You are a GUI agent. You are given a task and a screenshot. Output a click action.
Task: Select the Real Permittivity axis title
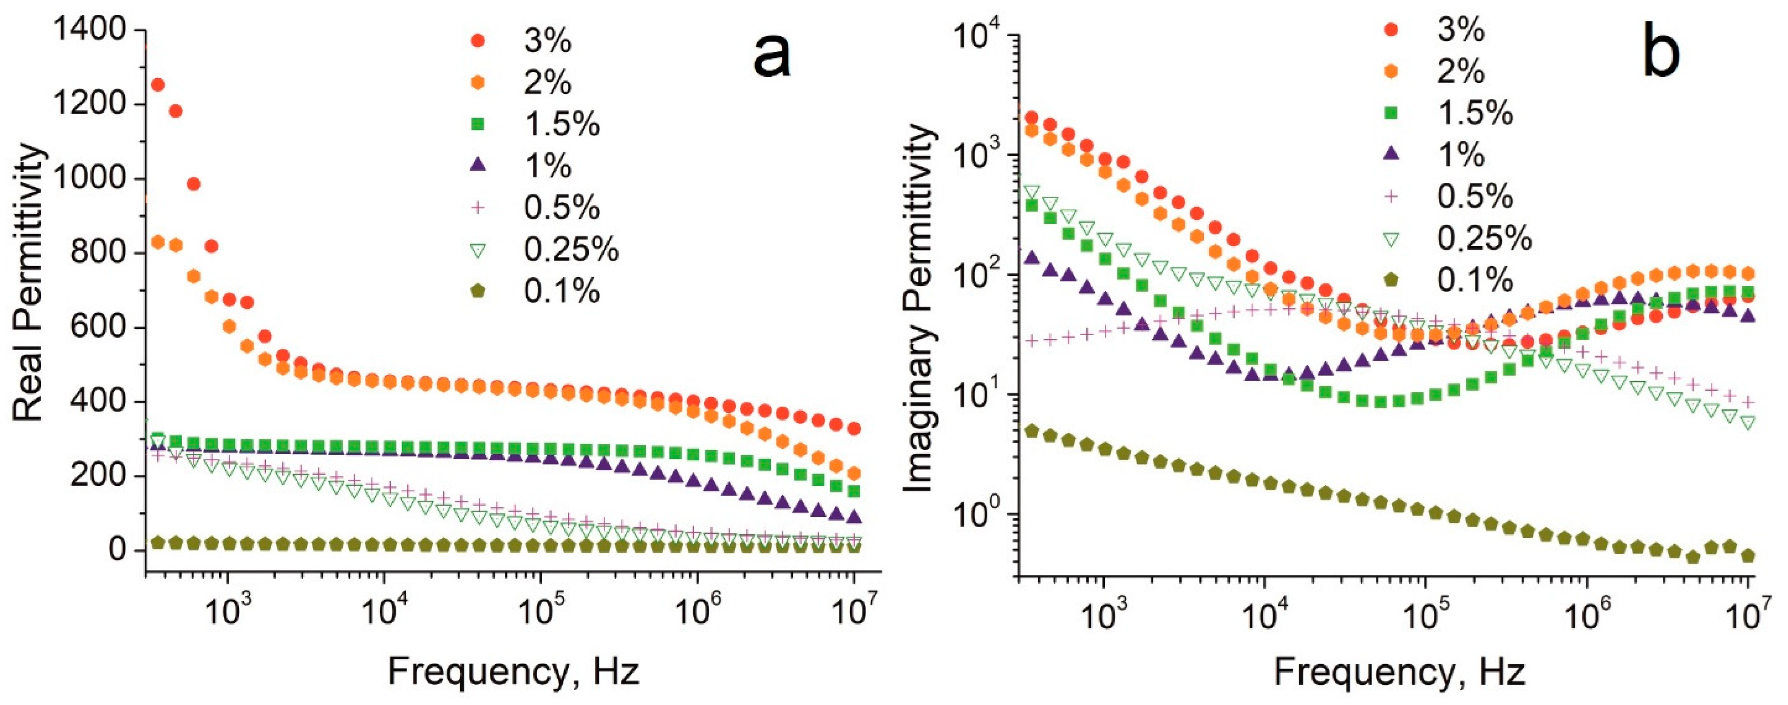click(x=29, y=283)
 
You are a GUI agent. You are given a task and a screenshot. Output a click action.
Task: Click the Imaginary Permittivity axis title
click(x=919, y=308)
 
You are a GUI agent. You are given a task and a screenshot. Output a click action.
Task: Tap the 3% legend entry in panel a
click(x=547, y=42)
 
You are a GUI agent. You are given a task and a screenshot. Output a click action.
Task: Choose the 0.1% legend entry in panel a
click(x=561, y=291)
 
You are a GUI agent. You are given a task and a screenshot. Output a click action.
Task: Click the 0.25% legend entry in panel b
click(x=1484, y=238)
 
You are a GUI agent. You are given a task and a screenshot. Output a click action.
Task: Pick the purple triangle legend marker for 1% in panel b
click(x=1390, y=154)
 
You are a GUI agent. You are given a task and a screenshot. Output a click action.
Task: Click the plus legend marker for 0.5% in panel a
click(x=477, y=207)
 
